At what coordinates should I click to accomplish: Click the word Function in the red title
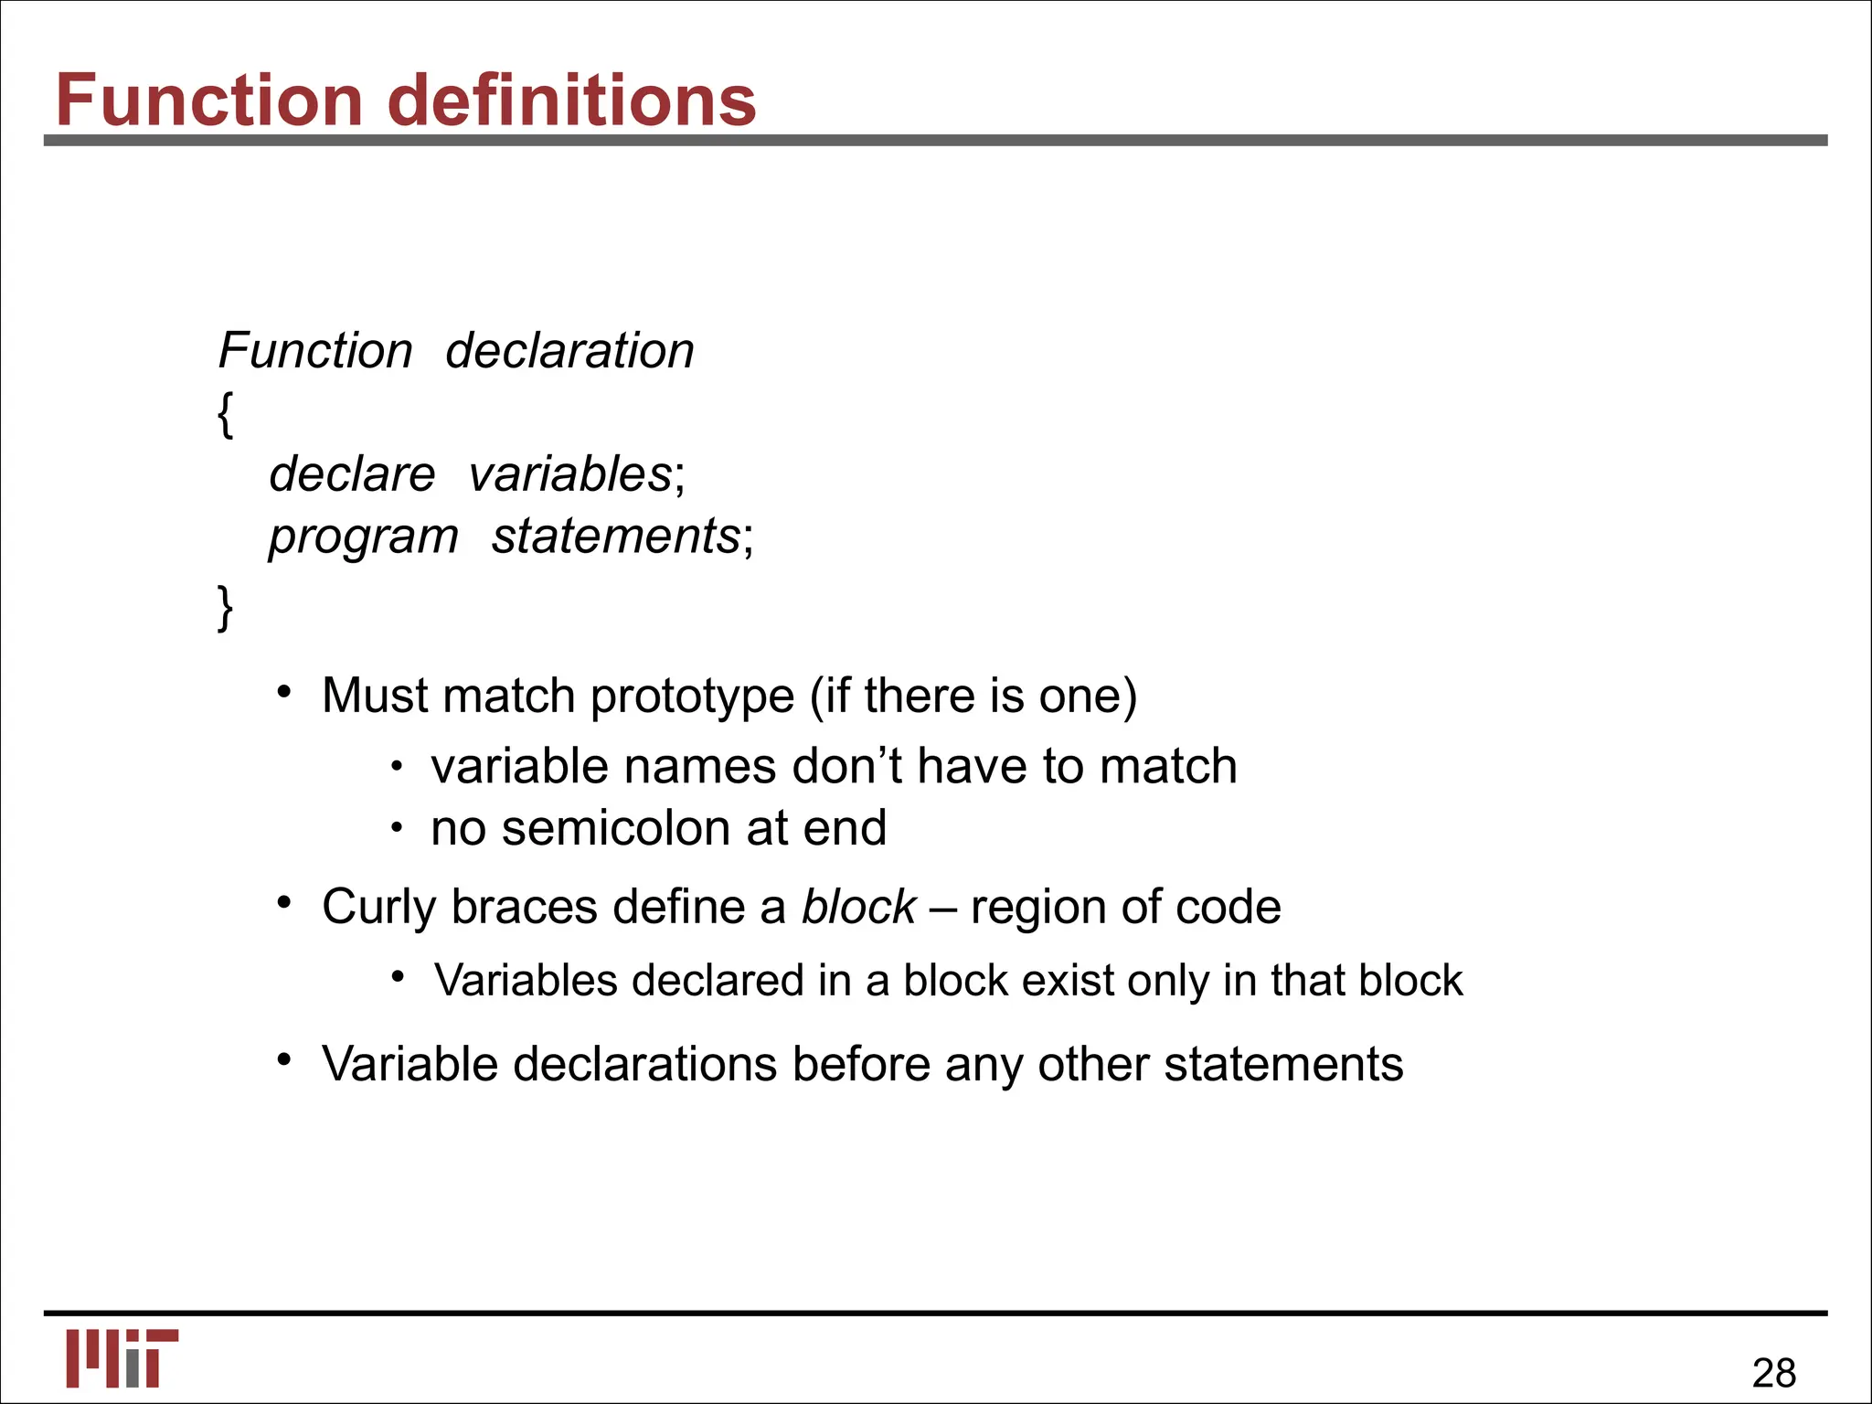click(209, 100)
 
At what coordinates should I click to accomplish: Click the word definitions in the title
click(572, 100)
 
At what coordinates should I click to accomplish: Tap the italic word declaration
click(569, 351)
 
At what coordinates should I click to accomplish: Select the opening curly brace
click(226, 414)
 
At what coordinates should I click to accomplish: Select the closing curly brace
click(226, 608)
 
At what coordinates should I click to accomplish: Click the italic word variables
click(570, 474)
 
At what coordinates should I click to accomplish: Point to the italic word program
click(363, 537)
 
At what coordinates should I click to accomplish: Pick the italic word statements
click(615, 537)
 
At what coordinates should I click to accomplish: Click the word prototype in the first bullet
click(692, 697)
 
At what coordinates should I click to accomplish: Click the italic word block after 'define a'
click(858, 907)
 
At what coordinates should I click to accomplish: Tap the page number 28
click(1773, 1373)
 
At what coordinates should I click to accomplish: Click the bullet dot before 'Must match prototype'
click(284, 692)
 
